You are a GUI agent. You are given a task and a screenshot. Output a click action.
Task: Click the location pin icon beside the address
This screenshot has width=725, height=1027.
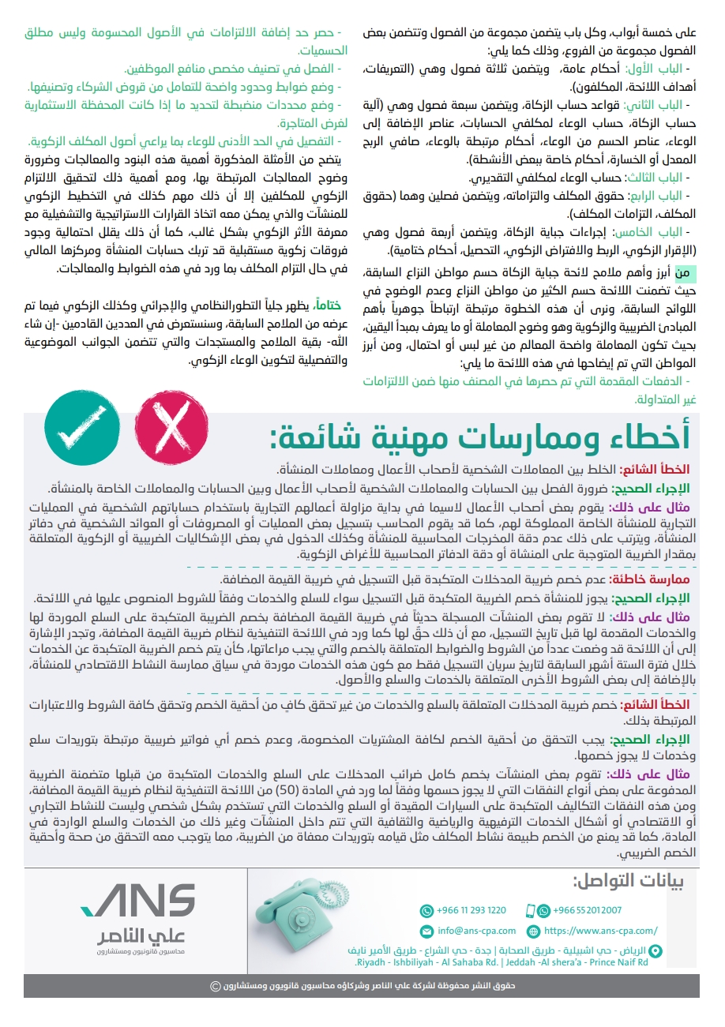click(x=654, y=952)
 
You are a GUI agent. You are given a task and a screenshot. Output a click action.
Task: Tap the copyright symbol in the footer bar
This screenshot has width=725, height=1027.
click(x=215, y=986)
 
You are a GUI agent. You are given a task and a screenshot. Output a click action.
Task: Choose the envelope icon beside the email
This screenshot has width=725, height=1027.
click(x=426, y=931)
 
